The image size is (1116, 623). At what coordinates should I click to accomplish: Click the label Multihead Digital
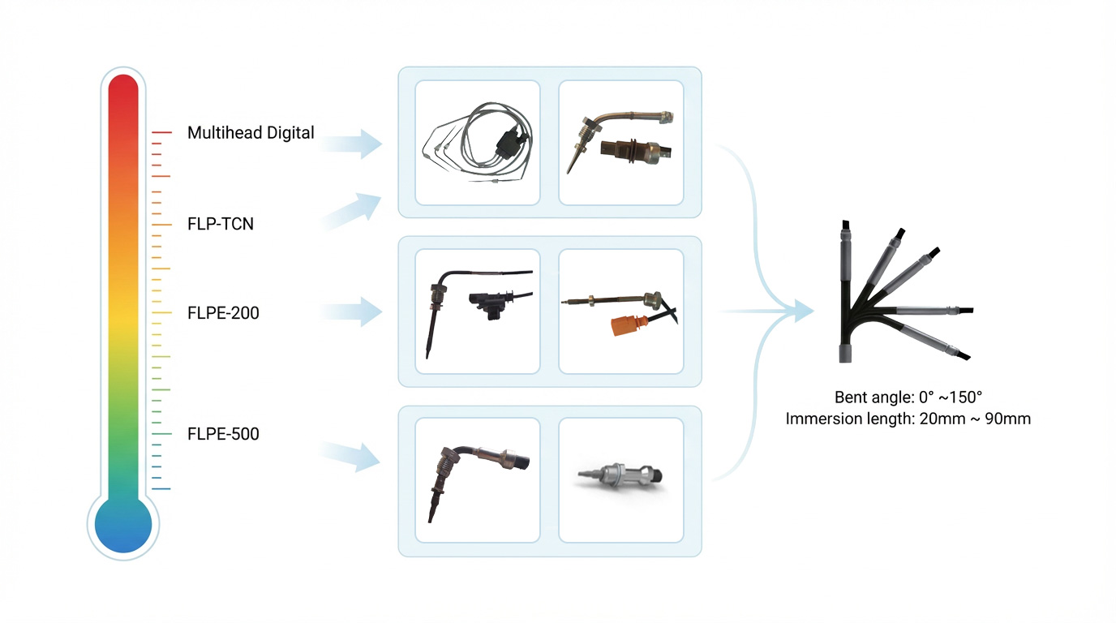(251, 132)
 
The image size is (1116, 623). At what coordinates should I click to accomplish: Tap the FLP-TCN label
(221, 224)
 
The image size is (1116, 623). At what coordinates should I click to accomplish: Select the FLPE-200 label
(223, 312)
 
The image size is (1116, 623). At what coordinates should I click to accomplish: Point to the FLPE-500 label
(223, 434)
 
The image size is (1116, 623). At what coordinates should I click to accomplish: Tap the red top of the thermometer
(123, 89)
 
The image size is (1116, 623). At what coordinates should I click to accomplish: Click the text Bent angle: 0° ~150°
(908, 397)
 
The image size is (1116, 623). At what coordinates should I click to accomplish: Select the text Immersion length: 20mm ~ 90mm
(908, 419)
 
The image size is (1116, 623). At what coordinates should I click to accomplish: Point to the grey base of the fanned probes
(843, 353)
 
